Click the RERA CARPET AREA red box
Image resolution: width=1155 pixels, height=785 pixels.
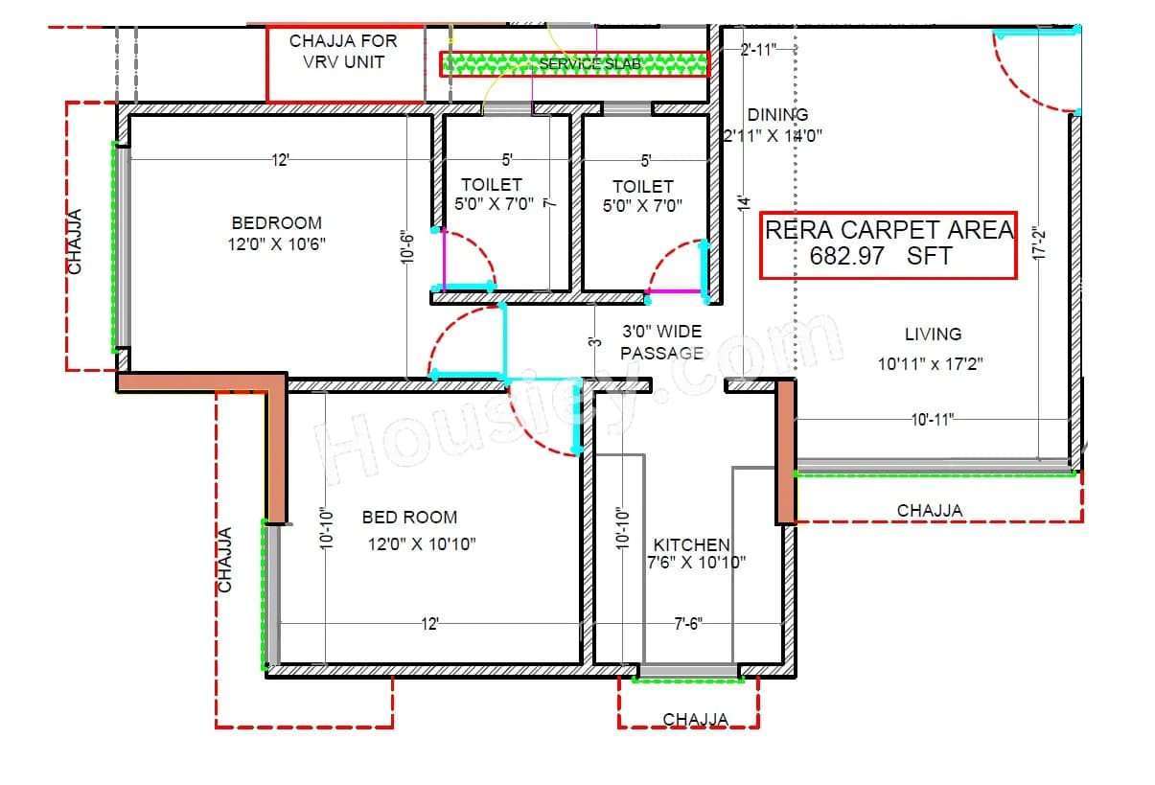pyautogui.click(x=888, y=244)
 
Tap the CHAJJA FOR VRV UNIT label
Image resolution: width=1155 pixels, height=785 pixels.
pyautogui.click(x=343, y=52)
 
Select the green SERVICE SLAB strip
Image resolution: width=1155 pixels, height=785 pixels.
pyautogui.click(x=574, y=64)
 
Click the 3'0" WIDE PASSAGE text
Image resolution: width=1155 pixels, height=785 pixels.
pyautogui.click(x=661, y=342)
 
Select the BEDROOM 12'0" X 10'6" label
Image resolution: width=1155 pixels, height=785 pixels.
pyautogui.click(x=276, y=233)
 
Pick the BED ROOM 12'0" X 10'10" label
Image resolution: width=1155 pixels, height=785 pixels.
pyautogui.click(x=410, y=530)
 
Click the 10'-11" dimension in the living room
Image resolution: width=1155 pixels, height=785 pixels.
pyautogui.click(x=931, y=419)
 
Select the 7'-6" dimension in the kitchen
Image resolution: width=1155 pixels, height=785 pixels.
pyautogui.click(x=687, y=624)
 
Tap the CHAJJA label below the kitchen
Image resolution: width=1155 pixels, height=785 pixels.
pyautogui.click(x=695, y=719)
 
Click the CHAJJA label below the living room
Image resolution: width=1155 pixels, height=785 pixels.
pyautogui.click(x=930, y=511)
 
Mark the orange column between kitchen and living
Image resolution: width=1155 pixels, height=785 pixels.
pyautogui.click(x=785, y=450)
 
